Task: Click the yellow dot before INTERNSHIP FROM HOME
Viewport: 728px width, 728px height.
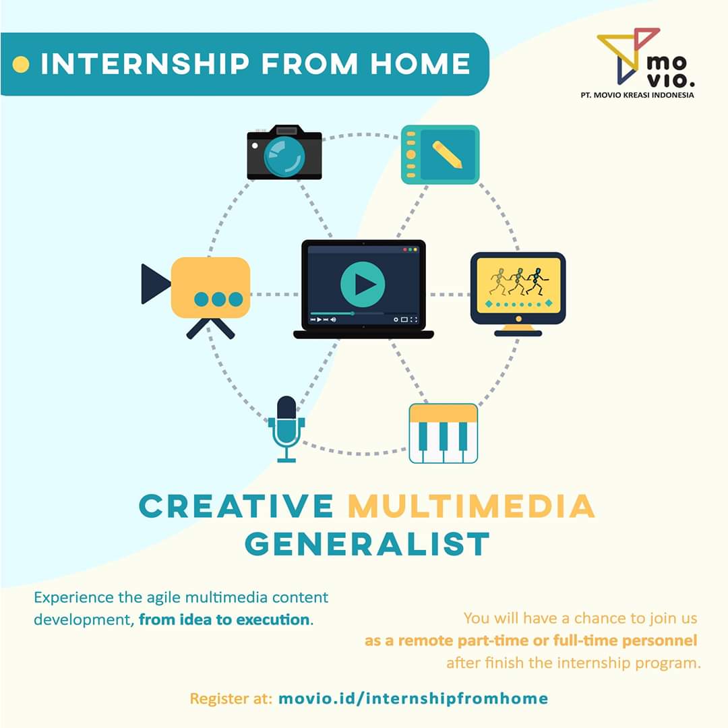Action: [x=22, y=65]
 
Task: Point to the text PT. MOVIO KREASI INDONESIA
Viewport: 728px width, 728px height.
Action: [x=636, y=95]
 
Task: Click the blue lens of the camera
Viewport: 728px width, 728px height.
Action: [x=284, y=156]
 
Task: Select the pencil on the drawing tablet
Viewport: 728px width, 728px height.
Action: [x=447, y=154]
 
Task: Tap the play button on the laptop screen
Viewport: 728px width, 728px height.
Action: [x=363, y=284]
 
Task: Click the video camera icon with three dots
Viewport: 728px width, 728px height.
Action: [x=209, y=290]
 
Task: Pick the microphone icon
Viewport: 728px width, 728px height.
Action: [x=286, y=428]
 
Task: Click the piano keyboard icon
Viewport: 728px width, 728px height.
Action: [x=443, y=433]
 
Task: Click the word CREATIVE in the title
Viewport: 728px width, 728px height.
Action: [x=236, y=507]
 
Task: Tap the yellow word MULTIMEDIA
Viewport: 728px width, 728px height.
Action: [x=471, y=507]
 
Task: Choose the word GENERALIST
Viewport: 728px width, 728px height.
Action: [x=367, y=544]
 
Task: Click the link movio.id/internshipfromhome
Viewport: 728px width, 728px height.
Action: [x=413, y=698]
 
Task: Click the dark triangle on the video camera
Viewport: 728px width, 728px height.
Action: [x=154, y=284]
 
